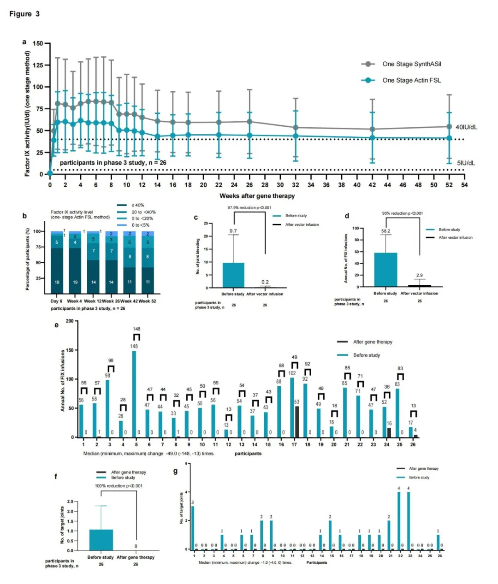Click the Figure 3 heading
pyautogui.click(x=24, y=14)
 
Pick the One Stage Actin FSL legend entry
pyautogui.click(x=411, y=80)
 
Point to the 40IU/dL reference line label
pyautogui.click(x=466, y=127)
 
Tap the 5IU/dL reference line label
pyautogui.click(x=466, y=163)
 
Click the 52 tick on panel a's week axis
pyautogui.click(x=449, y=185)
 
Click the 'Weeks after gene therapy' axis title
pyautogui.click(x=257, y=196)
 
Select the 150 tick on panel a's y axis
pyautogui.click(x=38, y=44)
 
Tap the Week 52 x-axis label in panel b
pyautogui.click(x=148, y=301)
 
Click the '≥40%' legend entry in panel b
pyautogui.click(x=138, y=205)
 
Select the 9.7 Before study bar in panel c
pyautogui.click(x=233, y=275)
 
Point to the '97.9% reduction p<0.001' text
pyautogui.click(x=249, y=208)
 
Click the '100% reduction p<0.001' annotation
pyautogui.click(x=119, y=486)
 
